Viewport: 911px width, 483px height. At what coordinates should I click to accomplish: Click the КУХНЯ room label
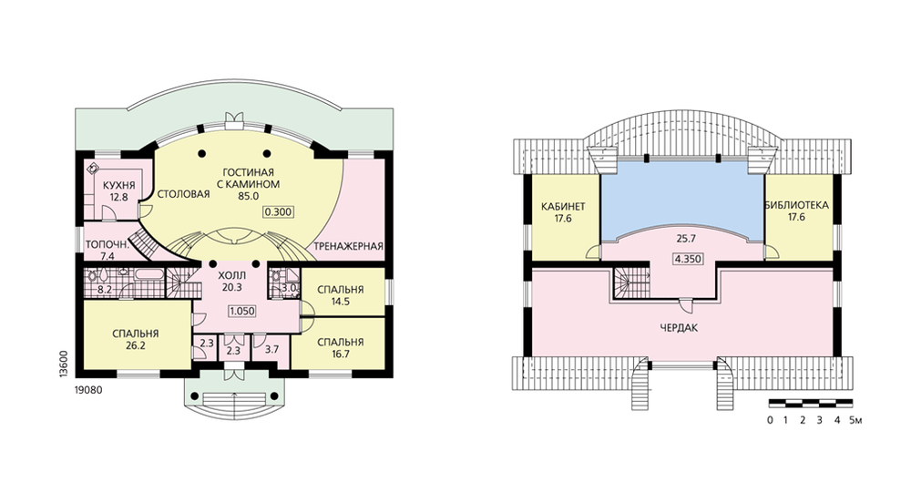pos(119,185)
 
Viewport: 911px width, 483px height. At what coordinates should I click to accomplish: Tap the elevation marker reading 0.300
pos(278,212)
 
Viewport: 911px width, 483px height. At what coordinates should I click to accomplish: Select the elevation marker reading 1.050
pos(242,311)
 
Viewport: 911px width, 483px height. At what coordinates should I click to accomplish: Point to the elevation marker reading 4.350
pos(687,259)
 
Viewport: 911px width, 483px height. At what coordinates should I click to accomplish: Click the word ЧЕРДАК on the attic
pos(679,328)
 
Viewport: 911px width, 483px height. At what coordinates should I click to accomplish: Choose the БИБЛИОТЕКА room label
pos(796,206)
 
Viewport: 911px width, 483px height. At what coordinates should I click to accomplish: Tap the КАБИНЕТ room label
pos(563,206)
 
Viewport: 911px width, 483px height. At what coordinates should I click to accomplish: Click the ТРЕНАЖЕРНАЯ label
pos(349,246)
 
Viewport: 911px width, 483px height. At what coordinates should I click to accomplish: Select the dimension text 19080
pos(88,390)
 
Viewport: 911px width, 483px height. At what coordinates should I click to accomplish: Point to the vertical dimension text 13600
pos(65,365)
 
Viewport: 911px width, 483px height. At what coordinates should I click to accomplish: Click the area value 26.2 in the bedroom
pos(136,345)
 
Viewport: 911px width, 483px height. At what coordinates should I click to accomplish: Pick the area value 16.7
pos(341,354)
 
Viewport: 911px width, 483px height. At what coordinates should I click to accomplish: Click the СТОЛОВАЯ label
pos(184,194)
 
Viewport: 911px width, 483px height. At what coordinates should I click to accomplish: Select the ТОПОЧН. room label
pos(107,245)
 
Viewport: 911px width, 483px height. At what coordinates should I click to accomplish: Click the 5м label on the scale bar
pos(855,419)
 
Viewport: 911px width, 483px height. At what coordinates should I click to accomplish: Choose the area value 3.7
pos(271,349)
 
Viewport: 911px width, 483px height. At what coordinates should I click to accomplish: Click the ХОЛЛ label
pos(231,275)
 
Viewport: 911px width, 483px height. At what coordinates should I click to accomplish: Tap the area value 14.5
pos(341,302)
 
